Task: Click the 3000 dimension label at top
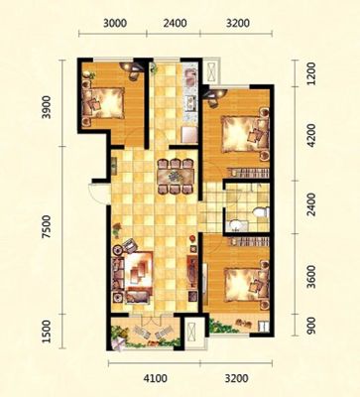[115, 24]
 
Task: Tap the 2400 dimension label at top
[175, 24]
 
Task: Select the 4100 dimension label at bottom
[156, 378]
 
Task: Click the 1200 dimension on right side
[311, 73]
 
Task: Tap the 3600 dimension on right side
[311, 277]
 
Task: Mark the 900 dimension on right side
[311, 327]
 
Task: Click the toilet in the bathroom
[261, 212]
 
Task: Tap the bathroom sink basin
[235, 225]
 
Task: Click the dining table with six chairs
[176, 177]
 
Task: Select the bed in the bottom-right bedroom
[246, 285]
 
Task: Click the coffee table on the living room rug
[138, 272]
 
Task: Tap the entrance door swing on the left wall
[95, 194]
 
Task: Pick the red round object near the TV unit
[192, 237]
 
